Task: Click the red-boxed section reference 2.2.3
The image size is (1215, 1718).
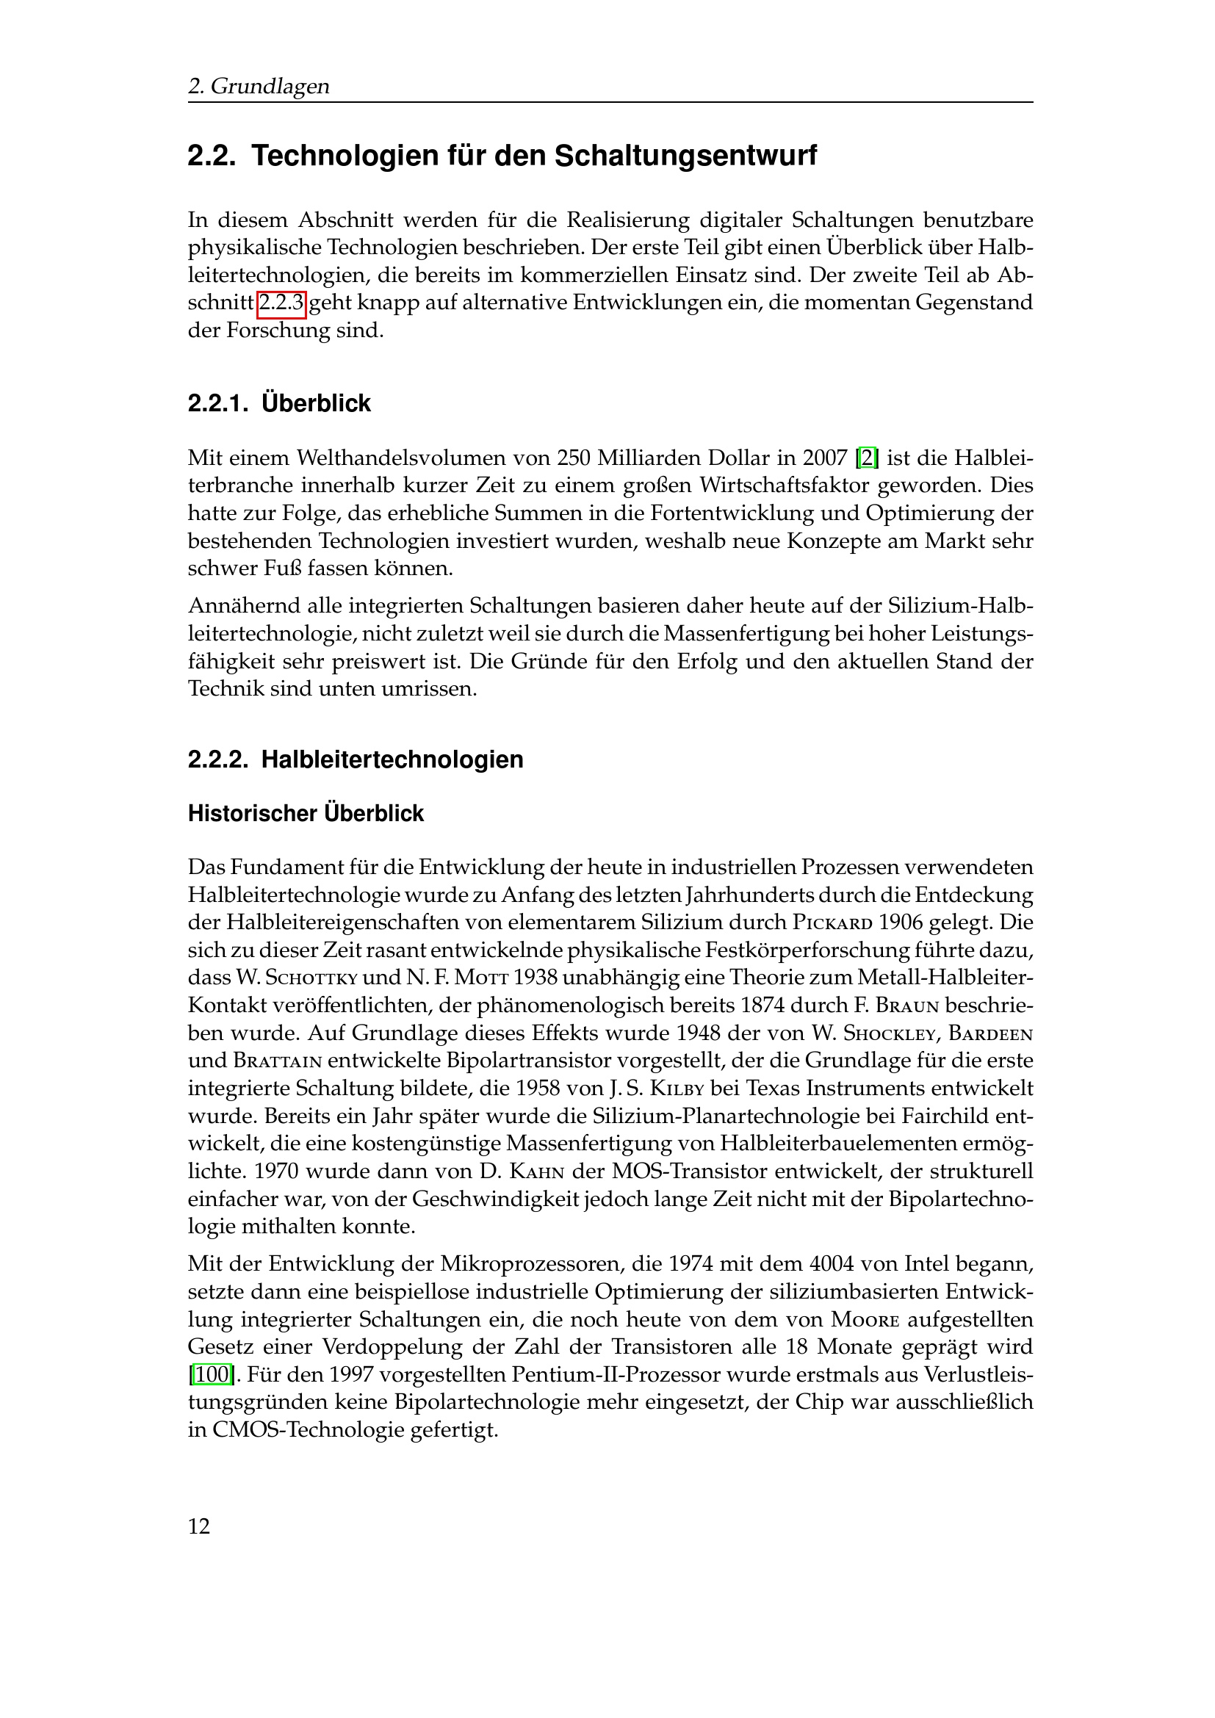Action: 281,303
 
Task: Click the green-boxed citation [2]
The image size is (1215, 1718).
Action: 866,457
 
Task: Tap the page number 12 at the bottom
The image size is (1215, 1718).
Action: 199,1527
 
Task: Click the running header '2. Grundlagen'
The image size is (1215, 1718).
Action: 258,87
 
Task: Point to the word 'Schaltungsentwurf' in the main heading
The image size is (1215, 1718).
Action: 685,156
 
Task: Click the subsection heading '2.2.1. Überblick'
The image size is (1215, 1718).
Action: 279,403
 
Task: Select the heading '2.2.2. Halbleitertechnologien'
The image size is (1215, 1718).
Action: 356,759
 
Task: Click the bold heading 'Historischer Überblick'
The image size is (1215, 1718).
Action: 306,813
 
